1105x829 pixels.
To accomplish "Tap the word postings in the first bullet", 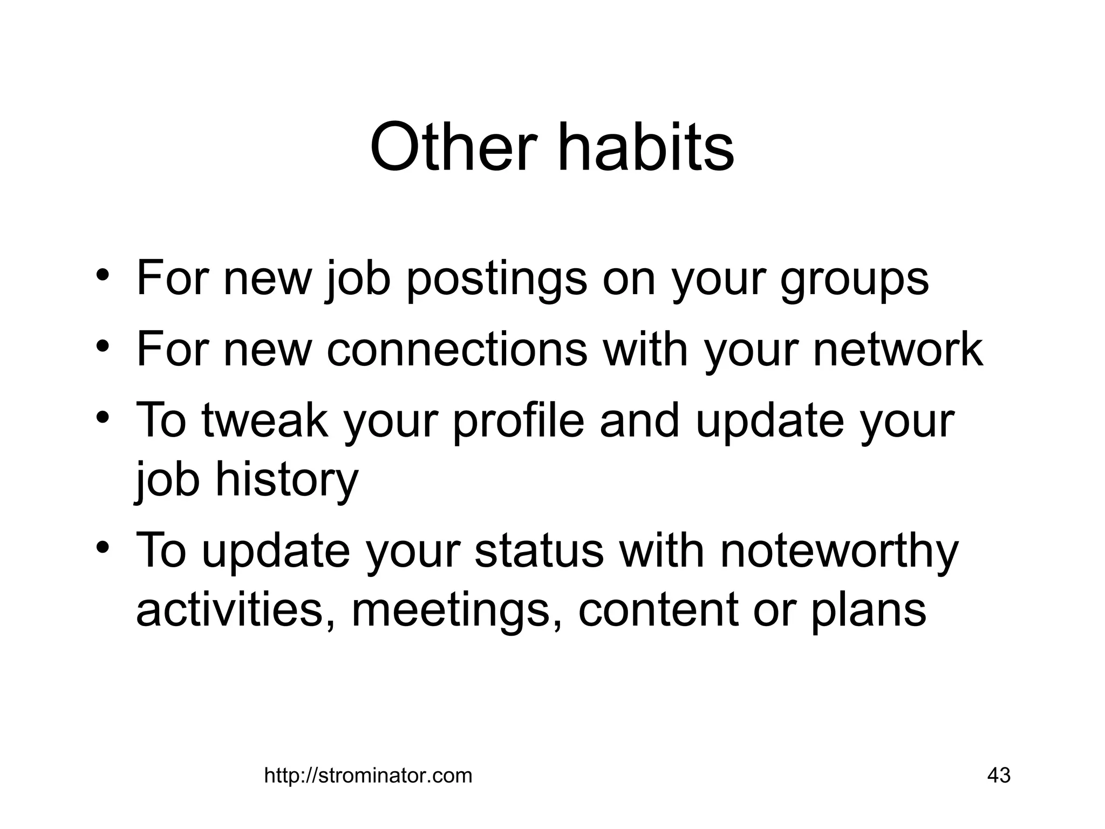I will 496,279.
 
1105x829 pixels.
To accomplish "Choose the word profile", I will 518,422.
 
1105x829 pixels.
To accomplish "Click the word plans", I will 869,612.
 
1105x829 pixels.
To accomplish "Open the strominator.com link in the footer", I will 368,776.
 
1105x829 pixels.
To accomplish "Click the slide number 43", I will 998,775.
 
